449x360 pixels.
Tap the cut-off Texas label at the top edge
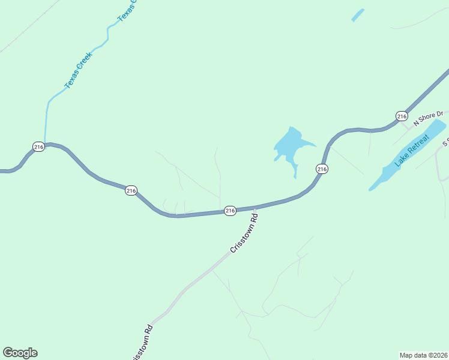click(127, 11)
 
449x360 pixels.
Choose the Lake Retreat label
click(411, 151)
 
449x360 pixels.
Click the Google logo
click(20, 353)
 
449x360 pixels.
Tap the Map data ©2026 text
click(424, 355)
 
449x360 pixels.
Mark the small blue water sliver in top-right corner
click(358, 15)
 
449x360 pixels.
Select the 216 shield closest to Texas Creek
click(38, 146)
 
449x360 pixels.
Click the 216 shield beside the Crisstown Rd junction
click(230, 211)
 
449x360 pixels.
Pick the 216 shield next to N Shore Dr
click(402, 116)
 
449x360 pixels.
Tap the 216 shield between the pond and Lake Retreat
click(322, 169)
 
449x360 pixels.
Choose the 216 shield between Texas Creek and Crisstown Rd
click(131, 191)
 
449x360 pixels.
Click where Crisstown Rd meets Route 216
click(255, 208)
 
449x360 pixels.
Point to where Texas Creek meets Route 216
click(45, 144)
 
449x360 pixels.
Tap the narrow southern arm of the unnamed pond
click(295, 171)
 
